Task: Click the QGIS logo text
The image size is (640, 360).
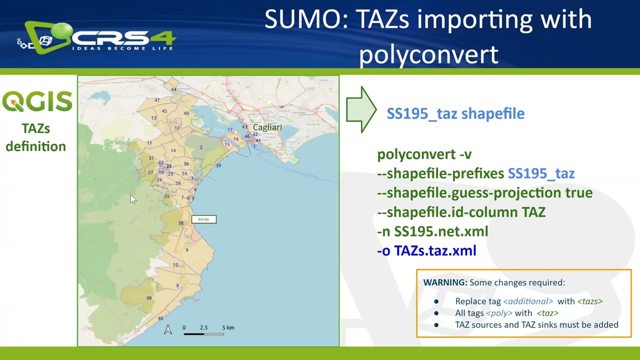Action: tap(37, 101)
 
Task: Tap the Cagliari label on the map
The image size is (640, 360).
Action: tap(267, 127)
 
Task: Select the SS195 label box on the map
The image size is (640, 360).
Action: tap(203, 219)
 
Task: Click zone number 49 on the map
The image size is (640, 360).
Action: tap(149, 298)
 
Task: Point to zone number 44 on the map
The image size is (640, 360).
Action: tap(173, 90)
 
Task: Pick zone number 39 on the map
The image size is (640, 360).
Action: tap(218, 165)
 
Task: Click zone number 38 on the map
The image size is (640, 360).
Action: tap(180, 223)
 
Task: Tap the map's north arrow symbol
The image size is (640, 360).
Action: tap(168, 329)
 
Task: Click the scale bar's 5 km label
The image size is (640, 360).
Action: tap(228, 328)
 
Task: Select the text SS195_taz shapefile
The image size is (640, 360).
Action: tap(455, 113)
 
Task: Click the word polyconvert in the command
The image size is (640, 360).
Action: tap(416, 154)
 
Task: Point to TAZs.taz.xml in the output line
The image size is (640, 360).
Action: tap(435, 250)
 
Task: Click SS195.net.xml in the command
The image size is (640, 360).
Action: tap(441, 231)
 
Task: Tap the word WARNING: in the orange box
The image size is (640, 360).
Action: tap(445, 282)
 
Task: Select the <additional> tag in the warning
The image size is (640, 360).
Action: tap(528, 301)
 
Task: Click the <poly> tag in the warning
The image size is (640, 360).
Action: tap(499, 313)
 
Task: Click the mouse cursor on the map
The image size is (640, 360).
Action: tap(132, 199)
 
